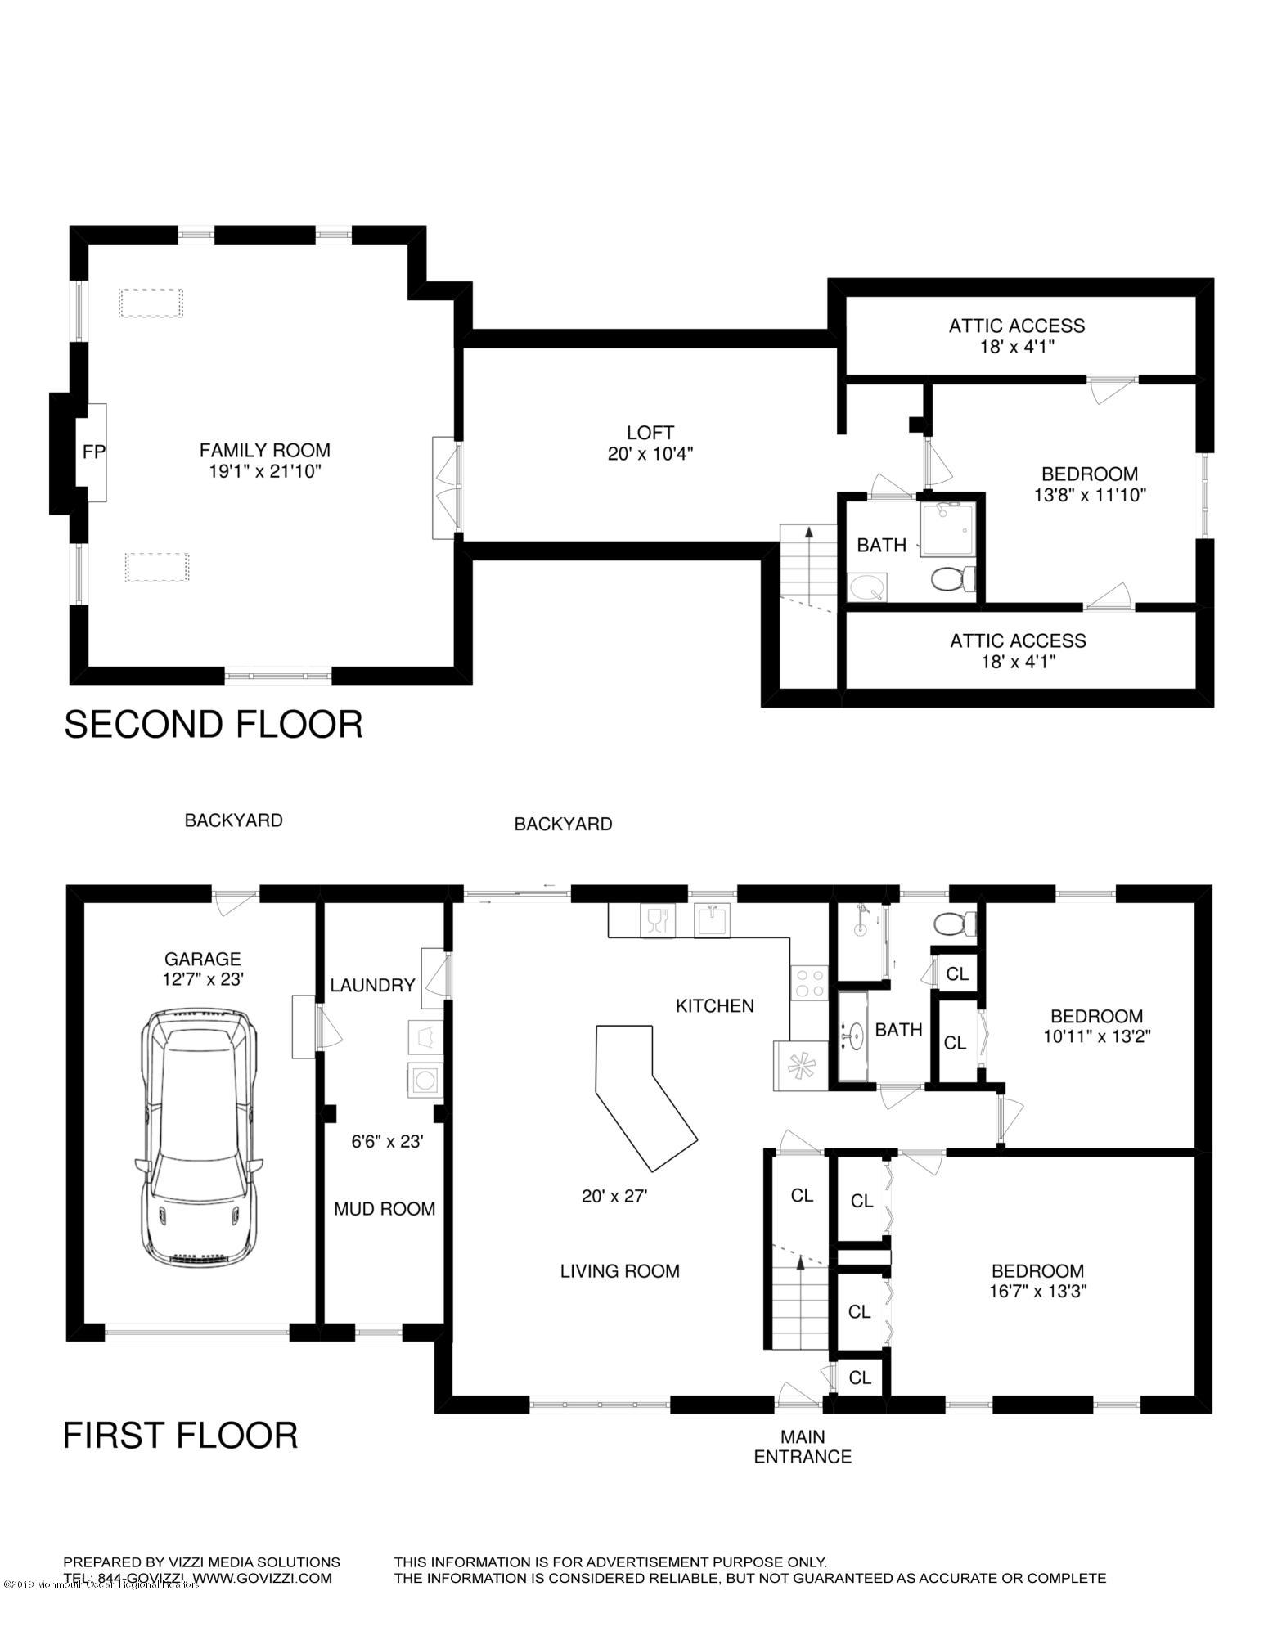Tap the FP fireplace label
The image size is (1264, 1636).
coord(94,451)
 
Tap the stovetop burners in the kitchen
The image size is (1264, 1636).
coord(809,982)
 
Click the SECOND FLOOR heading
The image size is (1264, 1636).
coord(213,725)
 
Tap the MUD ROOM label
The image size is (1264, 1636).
coord(385,1208)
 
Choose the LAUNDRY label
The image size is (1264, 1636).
coord(373,985)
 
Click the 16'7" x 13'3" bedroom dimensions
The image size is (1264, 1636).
coord(1038,1292)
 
